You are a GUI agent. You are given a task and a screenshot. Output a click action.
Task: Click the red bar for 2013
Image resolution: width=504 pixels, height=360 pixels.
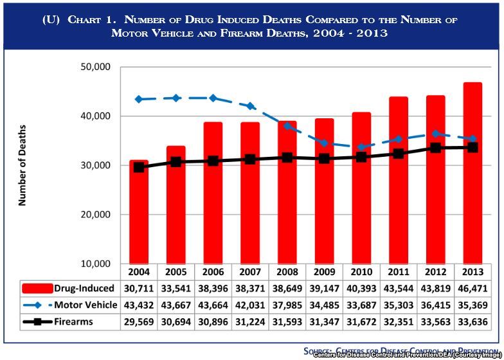[x=473, y=174]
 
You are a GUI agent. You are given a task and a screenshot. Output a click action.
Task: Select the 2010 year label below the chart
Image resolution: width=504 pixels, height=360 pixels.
[x=361, y=270]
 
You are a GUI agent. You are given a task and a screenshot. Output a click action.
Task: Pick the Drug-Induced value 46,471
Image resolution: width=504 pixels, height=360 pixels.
[x=473, y=287]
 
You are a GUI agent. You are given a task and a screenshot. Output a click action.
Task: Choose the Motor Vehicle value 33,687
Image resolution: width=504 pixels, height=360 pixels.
[x=361, y=305]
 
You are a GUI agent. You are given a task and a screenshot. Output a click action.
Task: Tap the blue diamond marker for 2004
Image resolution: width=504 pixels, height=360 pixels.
[x=138, y=99]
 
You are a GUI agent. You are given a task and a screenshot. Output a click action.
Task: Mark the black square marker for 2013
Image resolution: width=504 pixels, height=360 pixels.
[x=473, y=147]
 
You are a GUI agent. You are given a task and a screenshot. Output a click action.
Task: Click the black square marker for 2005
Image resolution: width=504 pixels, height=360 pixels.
[x=175, y=162]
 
